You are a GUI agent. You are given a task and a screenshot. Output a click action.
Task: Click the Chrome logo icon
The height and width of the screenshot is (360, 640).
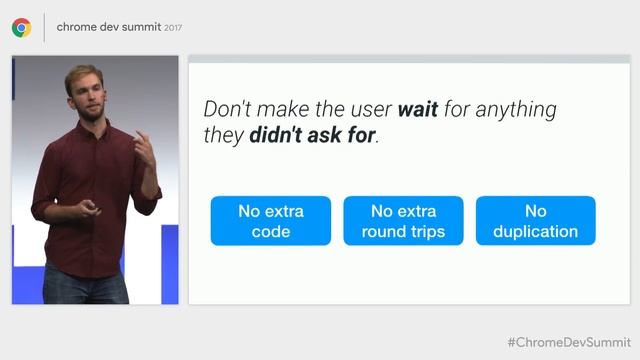21,28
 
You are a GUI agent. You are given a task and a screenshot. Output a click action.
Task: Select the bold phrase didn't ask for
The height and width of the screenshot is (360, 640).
312,135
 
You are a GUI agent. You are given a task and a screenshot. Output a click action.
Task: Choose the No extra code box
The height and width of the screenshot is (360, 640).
270,221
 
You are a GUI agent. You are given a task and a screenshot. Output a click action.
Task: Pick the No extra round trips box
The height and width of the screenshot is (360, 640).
403,221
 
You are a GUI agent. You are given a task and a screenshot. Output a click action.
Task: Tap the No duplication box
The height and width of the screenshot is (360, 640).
535,221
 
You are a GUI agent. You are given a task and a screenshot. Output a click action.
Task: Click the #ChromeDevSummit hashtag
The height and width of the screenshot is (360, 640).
568,342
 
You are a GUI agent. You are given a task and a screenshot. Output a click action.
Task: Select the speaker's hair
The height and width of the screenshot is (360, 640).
83,74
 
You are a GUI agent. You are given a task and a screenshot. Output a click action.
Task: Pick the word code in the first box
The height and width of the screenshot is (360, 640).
270,232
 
